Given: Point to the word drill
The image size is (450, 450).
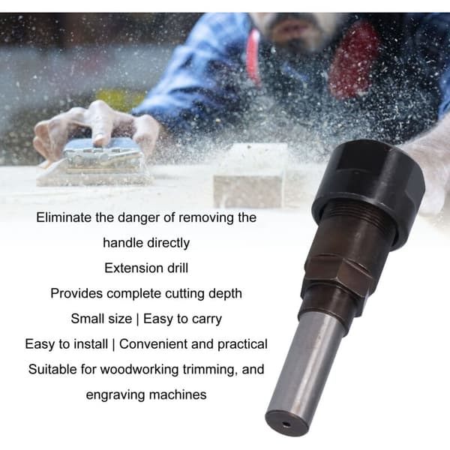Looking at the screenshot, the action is coord(178,268).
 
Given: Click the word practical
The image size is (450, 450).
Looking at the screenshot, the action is coord(242,344).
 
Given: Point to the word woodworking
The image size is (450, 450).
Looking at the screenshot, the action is coord(139,370).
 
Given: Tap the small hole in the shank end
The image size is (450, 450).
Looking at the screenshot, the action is coord(286,424).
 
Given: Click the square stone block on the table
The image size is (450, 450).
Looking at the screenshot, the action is coord(250,175).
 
